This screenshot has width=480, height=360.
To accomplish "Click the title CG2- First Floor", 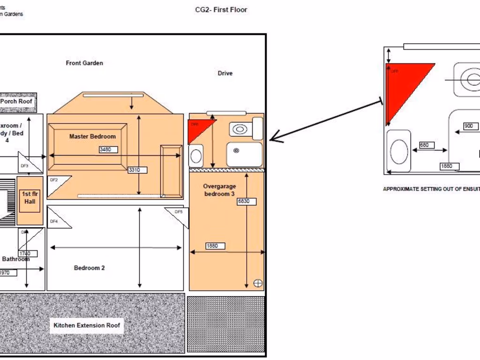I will coord(221,10).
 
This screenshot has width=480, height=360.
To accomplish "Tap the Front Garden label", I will coord(84,63).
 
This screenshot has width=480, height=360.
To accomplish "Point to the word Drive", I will coord(225,73).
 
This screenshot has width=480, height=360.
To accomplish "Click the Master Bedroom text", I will coord(92,136).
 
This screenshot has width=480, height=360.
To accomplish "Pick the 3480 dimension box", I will coord(108,150).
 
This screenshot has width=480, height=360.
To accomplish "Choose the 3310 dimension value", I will coord(137,170).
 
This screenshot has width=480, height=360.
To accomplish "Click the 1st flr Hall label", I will coord(30,198).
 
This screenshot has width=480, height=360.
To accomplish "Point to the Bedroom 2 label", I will coord(89,268).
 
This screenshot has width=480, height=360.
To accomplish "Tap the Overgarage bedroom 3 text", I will coord(219,190).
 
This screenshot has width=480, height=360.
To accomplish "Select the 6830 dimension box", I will coord(247,202).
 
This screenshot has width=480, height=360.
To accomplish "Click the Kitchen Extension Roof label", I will coord(87,325).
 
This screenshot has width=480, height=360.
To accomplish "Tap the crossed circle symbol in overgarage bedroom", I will coord(258,283).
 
